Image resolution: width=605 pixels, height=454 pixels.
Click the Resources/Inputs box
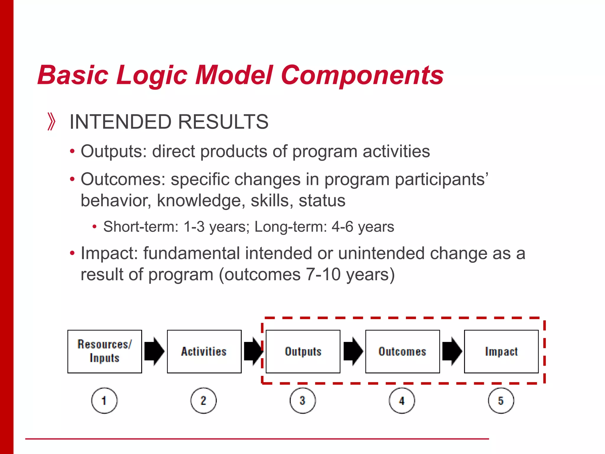[105, 351]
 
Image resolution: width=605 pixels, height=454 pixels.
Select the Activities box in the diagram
[204, 351]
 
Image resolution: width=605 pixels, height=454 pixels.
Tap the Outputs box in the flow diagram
[303, 351]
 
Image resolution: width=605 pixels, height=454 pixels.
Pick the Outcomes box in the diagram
[402, 351]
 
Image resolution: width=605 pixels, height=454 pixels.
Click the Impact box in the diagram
[501, 351]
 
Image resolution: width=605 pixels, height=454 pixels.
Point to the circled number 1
[104, 401]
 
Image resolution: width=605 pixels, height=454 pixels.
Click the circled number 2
[204, 401]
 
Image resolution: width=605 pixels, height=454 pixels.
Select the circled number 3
[303, 401]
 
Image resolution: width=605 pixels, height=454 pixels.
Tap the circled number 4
[402, 401]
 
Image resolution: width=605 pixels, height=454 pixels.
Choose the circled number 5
[501, 401]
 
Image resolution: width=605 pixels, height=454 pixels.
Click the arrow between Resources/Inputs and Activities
[154, 351]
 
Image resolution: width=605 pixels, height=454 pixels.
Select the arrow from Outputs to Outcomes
[353, 351]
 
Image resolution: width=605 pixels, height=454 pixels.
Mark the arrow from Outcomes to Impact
[452, 351]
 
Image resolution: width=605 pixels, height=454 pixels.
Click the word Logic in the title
[152, 75]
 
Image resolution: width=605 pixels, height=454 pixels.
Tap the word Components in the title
[362, 75]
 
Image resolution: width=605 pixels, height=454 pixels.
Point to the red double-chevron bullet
[51, 121]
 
